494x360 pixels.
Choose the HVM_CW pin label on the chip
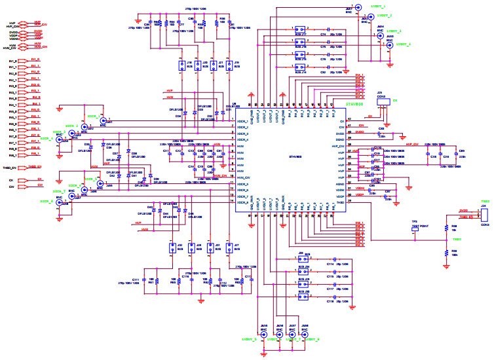pos(243,177)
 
